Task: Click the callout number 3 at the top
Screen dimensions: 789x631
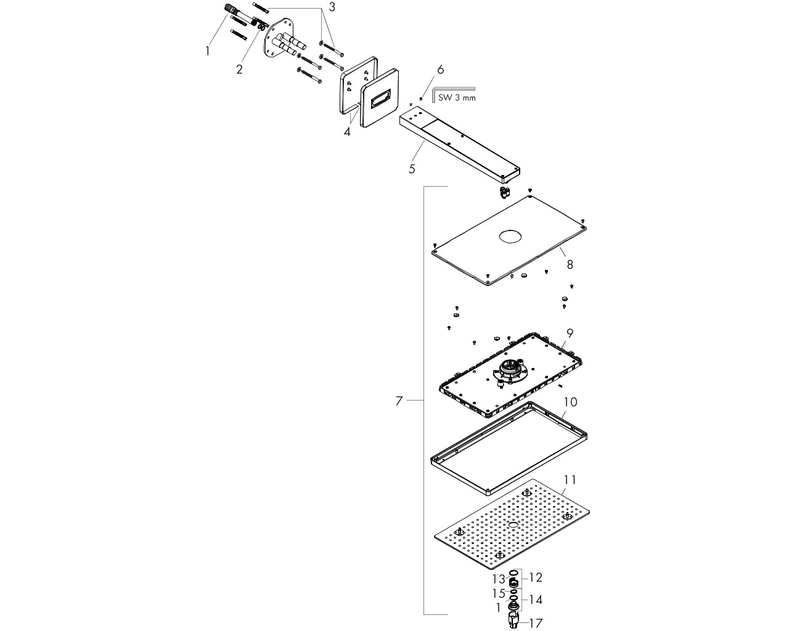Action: [x=332, y=7]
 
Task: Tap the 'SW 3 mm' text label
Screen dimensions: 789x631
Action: [x=457, y=98]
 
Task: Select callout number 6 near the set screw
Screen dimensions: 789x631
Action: [x=440, y=69]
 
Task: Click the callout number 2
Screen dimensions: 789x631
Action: [x=239, y=69]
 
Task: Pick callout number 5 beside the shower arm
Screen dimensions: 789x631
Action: [x=412, y=169]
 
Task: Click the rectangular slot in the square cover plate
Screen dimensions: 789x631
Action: [x=380, y=98]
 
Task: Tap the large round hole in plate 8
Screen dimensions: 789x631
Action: [x=510, y=237]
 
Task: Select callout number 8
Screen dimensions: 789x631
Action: [x=570, y=264]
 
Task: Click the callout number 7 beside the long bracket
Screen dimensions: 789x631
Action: [x=399, y=401]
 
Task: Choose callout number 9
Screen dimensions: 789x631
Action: [x=570, y=333]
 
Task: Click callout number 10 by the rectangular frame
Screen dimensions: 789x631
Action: [x=570, y=402]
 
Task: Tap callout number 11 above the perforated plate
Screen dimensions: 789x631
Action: [x=570, y=480]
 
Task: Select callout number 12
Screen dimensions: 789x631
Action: [x=535, y=577]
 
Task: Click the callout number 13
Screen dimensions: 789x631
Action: [x=499, y=579]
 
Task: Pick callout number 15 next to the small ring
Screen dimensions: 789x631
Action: [x=499, y=593]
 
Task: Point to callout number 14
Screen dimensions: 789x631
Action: [x=535, y=600]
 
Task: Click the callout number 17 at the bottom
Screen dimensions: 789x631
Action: [x=536, y=623]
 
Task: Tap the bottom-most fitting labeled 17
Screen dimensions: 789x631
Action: [x=514, y=621]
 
